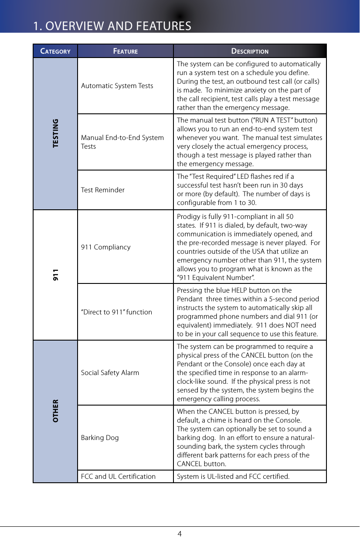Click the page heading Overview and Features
[112, 26]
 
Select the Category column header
[55, 51]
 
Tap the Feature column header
[126, 51]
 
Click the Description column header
[250, 51]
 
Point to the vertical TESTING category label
[55, 133]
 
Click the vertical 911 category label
[55, 275]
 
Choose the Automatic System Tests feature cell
[117, 85]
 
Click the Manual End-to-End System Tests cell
[122, 142]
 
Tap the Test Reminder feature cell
[103, 190]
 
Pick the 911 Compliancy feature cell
[106, 247]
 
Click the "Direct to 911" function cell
[117, 312]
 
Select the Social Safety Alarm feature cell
[110, 372]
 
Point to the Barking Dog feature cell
[100, 437]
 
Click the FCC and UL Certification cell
[119, 476]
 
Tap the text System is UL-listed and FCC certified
[233, 476]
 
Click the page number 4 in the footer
[180, 533]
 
